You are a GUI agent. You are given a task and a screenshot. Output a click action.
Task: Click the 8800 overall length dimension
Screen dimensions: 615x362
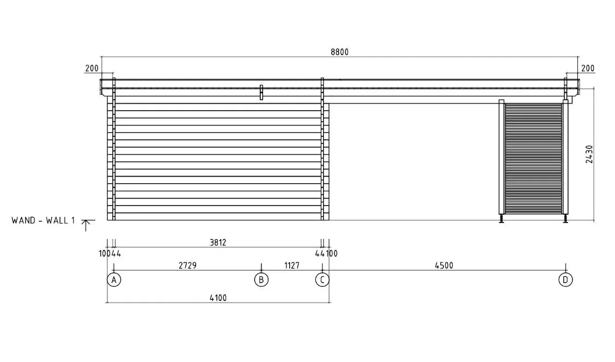(x=339, y=52)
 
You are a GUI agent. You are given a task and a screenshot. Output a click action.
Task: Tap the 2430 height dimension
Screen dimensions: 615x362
(x=589, y=154)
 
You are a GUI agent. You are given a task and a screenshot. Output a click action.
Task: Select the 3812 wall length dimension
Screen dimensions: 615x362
(x=218, y=243)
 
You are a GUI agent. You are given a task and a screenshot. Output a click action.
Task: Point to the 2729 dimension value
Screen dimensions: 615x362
(x=187, y=266)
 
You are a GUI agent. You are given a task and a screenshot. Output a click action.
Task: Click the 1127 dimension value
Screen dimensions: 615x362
(x=292, y=266)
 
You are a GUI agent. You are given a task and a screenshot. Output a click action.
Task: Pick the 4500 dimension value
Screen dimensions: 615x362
(x=444, y=266)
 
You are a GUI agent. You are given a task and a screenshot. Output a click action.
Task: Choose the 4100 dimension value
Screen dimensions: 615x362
(x=218, y=297)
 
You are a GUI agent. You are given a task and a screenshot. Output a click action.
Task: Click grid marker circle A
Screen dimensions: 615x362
(x=113, y=280)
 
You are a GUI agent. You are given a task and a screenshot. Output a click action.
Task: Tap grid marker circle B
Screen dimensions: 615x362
(x=261, y=280)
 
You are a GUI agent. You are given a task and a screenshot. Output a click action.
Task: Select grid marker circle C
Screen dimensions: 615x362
(x=322, y=280)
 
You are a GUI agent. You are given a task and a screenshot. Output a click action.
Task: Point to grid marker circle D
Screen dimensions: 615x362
(x=565, y=280)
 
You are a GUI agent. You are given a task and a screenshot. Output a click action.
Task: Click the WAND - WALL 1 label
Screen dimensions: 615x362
(x=43, y=220)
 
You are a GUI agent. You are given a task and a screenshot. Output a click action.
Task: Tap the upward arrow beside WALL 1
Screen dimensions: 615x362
(x=87, y=225)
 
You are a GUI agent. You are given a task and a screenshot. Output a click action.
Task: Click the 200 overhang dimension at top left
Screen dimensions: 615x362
(x=92, y=69)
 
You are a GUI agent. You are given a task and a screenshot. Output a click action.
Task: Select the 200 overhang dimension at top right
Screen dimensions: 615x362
(x=588, y=69)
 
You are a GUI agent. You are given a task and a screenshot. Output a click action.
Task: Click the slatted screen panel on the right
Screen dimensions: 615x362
(x=533, y=158)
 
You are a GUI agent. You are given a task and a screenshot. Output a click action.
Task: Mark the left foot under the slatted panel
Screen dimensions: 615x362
(x=501, y=219)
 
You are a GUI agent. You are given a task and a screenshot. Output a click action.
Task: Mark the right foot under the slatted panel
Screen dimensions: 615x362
(x=565, y=219)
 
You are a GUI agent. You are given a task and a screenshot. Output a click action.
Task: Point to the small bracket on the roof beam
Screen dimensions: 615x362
(x=261, y=92)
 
